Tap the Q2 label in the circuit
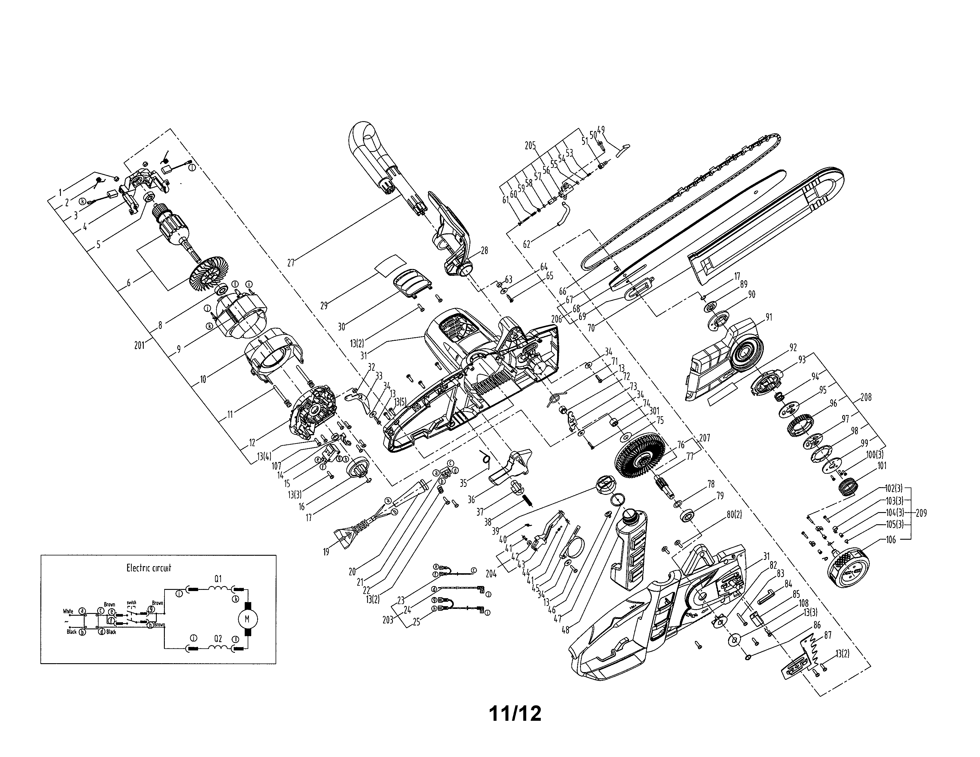[x=218, y=638]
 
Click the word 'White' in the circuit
[x=68, y=611]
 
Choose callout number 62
[x=527, y=244]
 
